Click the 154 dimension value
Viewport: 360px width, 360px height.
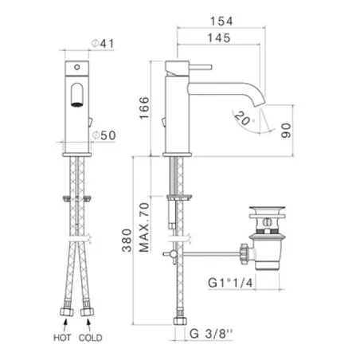tap(221, 22)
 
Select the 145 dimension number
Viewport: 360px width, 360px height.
tap(219, 38)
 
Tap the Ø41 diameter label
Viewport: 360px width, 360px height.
tap(103, 44)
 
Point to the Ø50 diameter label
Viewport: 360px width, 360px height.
tap(104, 135)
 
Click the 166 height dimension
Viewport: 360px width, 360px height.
tap(144, 108)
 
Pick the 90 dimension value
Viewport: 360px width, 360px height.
tap(286, 131)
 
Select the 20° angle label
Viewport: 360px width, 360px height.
tap(243, 119)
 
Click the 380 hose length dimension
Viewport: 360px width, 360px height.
tap(127, 240)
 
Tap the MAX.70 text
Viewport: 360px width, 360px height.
tap(144, 227)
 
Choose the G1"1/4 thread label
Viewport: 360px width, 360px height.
tap(230, 283)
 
